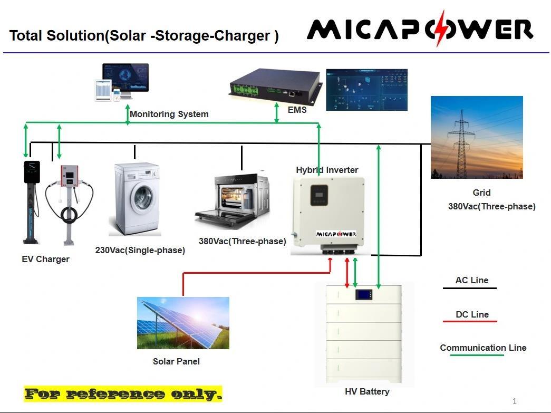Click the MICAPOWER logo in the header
coord(420,29)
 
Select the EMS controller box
coord(276,86)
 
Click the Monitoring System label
coord(169,114)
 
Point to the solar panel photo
coord(183,322)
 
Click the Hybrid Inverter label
coord(327,170)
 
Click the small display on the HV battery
coord(364,295)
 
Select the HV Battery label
coord(367,391)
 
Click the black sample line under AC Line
coord(469,288)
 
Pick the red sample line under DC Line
coord(469,321)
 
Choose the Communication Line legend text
coord(483,348)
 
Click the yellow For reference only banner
coord(123,393)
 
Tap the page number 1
coord(515,401)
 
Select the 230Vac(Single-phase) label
coord(140,250)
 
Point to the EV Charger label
coord(45,259)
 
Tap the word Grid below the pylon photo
coord(481,193)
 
